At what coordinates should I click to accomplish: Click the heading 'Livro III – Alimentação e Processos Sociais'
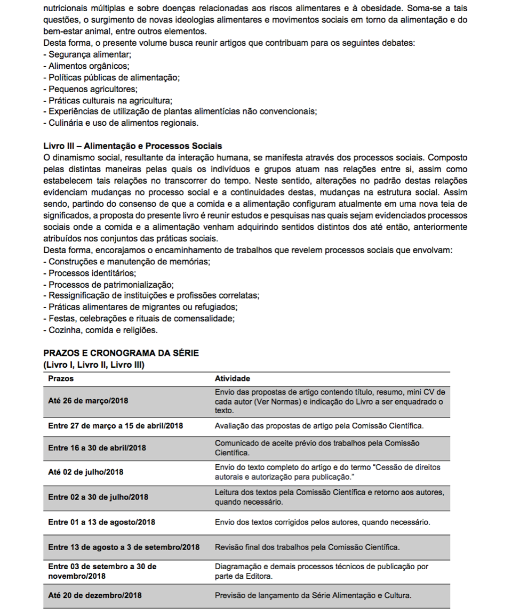(132, 146)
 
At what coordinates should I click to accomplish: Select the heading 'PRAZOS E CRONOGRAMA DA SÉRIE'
(121, 353)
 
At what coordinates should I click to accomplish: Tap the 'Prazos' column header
(61, 378)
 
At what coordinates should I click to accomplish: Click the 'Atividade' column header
(232, 378)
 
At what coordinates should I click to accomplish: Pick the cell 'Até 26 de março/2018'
(88, 401)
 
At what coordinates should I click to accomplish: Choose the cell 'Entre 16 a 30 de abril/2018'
(98, 448)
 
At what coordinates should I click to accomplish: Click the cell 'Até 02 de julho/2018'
(85, 472)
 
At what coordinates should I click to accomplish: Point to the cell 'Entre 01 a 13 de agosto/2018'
(101, 522)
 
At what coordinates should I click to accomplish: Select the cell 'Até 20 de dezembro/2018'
(95, 595)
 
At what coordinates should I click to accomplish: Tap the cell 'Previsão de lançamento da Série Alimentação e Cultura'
(313, 595)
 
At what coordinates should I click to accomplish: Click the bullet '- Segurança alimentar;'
(87, 54)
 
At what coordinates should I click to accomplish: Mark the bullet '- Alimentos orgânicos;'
(86, 66)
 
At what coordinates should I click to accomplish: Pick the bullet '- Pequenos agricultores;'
(90, 89)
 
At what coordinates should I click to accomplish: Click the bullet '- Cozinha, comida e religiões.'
(100, 330)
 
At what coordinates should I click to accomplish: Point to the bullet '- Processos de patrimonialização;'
(108, 284)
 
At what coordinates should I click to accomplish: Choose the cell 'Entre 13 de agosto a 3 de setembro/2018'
(124, 547)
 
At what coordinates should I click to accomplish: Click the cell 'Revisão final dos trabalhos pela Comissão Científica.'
(307, 547)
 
